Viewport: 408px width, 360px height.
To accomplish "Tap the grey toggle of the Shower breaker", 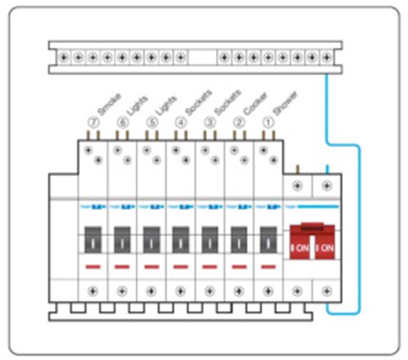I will click(x=268, y=240).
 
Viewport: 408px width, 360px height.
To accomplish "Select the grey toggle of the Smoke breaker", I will click(x=92, y=240).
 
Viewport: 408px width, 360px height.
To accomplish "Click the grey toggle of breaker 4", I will click(x=180, y=240).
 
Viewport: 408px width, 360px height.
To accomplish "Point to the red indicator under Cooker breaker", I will click(x=239, y=267).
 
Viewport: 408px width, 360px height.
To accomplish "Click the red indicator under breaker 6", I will click(x=122, y=267).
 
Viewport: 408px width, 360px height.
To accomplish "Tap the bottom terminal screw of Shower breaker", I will click(x=268, y=292).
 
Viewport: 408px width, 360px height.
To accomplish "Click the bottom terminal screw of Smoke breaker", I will click(x=92, y=292).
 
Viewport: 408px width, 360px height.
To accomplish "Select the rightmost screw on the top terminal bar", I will click(x=327, y=57).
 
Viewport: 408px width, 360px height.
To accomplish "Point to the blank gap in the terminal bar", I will click(x=202, y=57).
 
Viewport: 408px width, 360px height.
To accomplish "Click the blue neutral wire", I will click(x=359, y=222).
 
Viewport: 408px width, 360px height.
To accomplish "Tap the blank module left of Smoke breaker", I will click(x=63, y=240).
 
